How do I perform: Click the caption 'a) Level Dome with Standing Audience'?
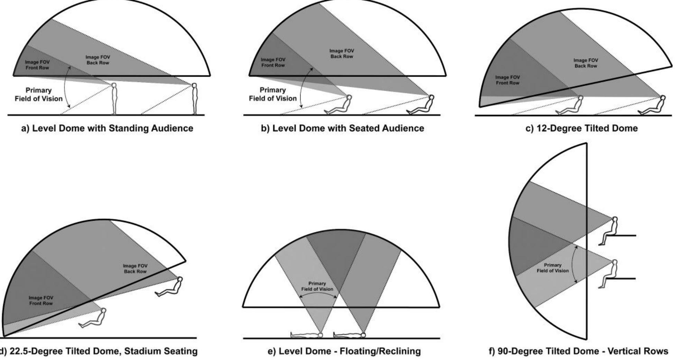[107, 128]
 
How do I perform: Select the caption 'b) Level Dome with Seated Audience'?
[342, 128]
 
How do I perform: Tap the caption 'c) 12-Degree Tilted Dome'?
[581, 128]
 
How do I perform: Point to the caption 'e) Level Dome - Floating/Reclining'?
[344, 351]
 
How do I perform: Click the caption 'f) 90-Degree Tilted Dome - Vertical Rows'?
[578, 351]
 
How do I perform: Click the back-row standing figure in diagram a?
[195, 99]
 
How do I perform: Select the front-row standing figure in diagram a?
[114, 99]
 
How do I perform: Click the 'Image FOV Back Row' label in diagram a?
[98, 60]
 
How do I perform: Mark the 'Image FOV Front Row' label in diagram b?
[273, 62]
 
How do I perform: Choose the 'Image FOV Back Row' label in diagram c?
[586, 63]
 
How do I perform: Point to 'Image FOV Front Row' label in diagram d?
[41, 301]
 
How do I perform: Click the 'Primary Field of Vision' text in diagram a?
[39, 94]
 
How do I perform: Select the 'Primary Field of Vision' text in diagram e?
[317, 286]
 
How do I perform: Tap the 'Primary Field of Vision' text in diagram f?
[553, 268]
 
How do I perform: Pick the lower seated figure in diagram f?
[608, 274]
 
